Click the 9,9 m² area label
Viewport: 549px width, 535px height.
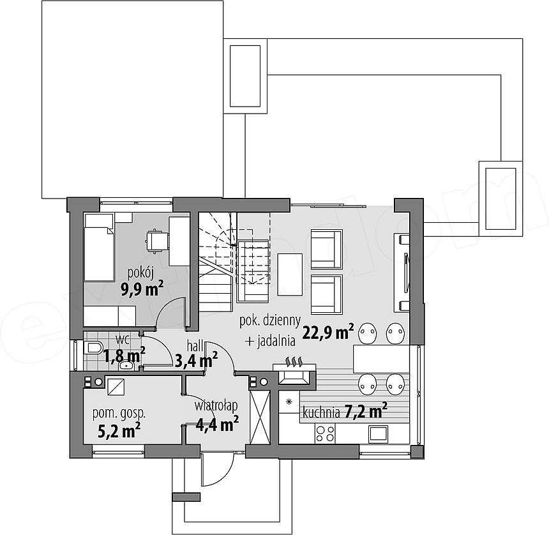point(142,289)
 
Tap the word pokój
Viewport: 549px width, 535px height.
point(140,273)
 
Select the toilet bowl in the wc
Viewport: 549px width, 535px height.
point(93,348)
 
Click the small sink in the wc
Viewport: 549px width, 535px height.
point(126,366)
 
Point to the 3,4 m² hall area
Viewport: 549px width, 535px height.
point(196,360)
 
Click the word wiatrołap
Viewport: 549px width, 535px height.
point(216,405)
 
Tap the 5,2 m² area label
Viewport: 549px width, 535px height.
point(119,430)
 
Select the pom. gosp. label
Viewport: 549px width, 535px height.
point(119,414)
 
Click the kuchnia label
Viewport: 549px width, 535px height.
point(321,412)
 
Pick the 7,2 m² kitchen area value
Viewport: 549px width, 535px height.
point(366,411)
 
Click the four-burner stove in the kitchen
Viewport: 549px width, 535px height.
point(325,434)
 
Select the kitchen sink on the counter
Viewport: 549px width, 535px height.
point(378,433)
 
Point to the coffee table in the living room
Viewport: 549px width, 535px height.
point(290,275)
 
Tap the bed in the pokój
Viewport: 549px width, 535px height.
point(99,248)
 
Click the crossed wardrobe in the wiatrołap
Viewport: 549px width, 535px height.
point(260,418)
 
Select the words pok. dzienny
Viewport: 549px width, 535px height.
point(270,321)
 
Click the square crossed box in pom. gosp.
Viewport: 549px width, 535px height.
point(115,387)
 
